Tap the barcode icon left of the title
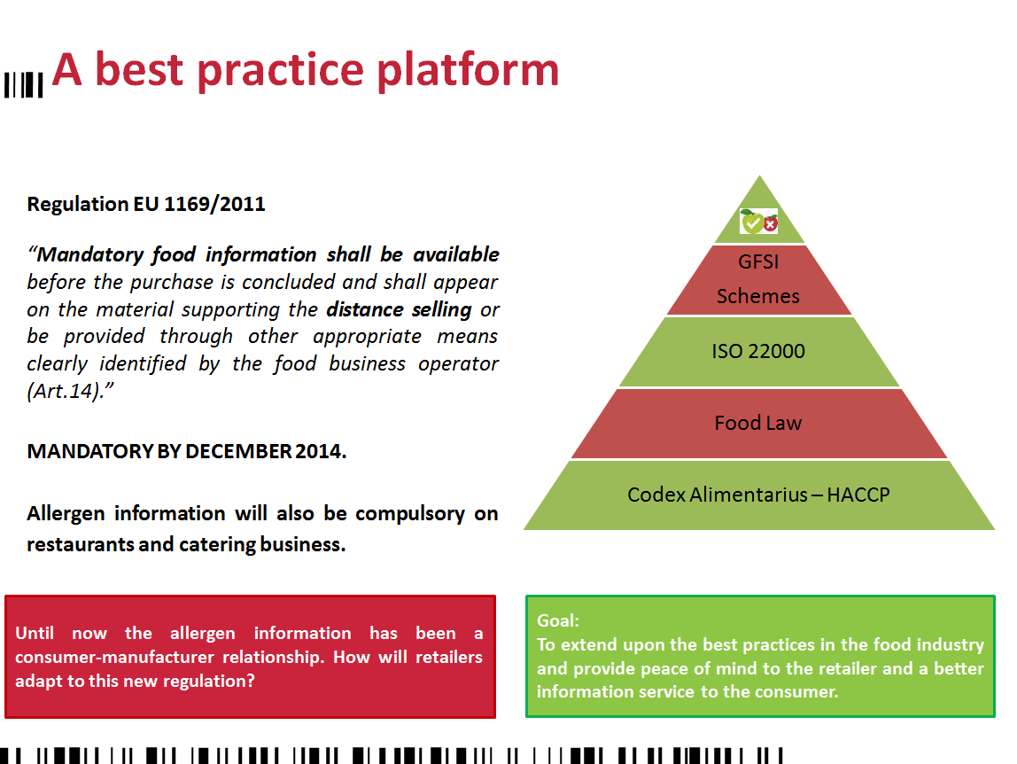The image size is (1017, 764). (x=23, y=85)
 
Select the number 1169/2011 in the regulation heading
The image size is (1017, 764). (x=214, y=205)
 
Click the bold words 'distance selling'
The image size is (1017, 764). (x=399, y=309)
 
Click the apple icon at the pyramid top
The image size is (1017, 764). (x=759, y=222)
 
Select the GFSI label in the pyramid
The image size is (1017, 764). (x=758, y=261)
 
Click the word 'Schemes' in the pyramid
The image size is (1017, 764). (x=758, y=296)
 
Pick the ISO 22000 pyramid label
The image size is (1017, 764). (x=758, y=351)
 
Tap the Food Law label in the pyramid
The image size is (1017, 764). (x=758, y=424)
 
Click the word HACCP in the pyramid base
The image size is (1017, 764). (x=858, y=495)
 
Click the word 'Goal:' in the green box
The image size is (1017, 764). (x=558, y=620)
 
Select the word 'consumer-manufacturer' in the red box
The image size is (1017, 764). (x=114, y=657)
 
